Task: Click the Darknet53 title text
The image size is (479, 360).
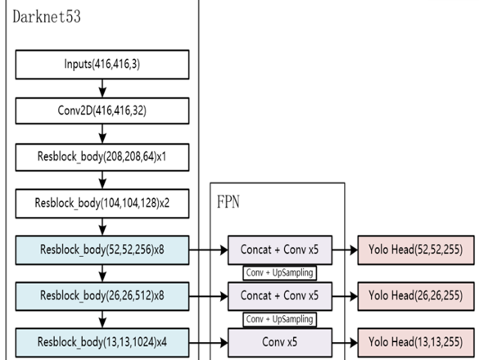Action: tap(47, 16)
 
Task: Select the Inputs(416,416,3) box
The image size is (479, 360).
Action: tap(102, 65)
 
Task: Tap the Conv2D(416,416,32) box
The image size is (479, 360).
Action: tap(102, 110)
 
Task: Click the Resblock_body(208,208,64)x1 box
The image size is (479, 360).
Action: tap(102, 157)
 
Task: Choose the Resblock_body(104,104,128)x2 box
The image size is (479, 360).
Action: tap(102, 204)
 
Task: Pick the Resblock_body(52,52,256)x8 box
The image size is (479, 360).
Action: tap(102, 250)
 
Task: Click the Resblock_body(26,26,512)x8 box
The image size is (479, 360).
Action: tap(102, 296)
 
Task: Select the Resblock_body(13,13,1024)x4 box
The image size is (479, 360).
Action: tap(102, 342)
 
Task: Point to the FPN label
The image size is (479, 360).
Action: tap(228, 202)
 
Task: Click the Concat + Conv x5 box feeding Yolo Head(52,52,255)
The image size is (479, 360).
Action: tap(280, 250)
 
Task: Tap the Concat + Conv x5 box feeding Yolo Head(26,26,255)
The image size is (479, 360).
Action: tap(280, 296)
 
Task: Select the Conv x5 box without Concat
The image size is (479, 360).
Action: tap(280, 342)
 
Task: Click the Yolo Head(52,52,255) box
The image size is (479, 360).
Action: tap(416, 250)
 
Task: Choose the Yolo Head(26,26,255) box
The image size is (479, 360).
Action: tap(416, 296)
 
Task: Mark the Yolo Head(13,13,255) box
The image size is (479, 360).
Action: tap(416, 342)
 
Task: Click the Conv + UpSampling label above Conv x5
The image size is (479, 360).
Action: tap(279, 319)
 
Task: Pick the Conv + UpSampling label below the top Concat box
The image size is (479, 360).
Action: tap(279, 273)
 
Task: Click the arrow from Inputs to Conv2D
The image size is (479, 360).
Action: tap(102, 88)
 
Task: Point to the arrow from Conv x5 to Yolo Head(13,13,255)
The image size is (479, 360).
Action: tap(345, 343)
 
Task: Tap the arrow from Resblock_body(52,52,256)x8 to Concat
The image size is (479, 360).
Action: tap(209, 250)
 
